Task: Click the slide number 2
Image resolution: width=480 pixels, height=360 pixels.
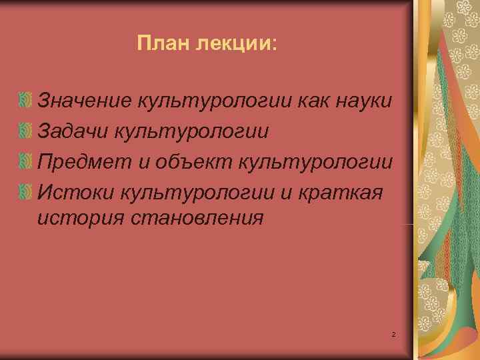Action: (393, 333)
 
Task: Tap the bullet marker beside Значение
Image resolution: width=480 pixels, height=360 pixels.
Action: (26, 101)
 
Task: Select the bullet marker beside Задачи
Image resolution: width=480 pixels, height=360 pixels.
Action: (26, 131)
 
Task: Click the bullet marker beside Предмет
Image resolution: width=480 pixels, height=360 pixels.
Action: (26, 161)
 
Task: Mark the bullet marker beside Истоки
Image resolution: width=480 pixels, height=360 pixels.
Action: (26, 191)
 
